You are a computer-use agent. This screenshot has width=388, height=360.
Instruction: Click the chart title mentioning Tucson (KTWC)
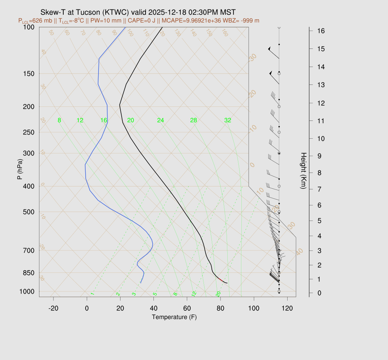[140, 13]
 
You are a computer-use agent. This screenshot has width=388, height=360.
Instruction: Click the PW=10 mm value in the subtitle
[106, 20]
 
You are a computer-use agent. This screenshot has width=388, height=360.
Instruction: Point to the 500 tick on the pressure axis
[29, 212]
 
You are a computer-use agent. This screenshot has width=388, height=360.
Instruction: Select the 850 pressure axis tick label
[29, 273]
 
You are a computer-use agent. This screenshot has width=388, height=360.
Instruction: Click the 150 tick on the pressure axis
[29, 74]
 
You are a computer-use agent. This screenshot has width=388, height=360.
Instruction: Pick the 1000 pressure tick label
[27, 291]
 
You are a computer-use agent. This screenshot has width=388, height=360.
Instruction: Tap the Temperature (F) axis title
[174, 317]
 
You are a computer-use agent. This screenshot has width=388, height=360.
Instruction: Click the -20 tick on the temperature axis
[53, 308]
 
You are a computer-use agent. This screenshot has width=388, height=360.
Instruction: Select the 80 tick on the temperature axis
[221, 308]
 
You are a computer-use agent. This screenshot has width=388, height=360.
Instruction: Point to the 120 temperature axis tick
[287, 308]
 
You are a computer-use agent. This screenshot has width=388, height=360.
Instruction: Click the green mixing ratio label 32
[228, 121]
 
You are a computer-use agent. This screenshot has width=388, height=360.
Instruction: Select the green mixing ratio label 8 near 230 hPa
[59, 121]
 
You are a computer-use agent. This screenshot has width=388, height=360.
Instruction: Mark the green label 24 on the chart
[161, 121]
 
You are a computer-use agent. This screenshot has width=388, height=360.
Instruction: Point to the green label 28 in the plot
[194, 121]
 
